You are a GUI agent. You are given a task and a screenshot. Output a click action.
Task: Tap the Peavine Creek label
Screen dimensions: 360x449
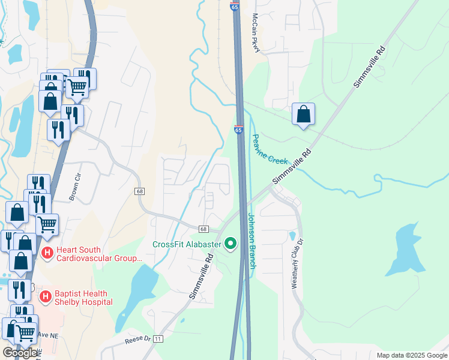coord(270,149)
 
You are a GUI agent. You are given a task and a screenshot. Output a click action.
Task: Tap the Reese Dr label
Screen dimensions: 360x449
coord(137,339)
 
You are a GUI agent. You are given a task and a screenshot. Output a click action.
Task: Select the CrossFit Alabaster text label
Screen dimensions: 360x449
coord(187,244)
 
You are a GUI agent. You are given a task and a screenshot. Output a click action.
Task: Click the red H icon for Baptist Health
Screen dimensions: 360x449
coord(45,297)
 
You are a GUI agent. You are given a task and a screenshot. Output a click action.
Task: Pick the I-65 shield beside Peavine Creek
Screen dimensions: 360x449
coord(239,129)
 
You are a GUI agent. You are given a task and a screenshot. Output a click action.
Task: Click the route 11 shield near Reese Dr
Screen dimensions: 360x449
coord(158,339)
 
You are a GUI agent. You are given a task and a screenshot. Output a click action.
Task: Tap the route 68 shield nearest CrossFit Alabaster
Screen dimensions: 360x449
coord(203,229)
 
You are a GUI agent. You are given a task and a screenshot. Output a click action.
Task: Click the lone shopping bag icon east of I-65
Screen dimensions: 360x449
coord(303,114)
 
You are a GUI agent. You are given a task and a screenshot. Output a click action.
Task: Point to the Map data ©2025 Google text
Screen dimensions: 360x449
coord(412,355)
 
